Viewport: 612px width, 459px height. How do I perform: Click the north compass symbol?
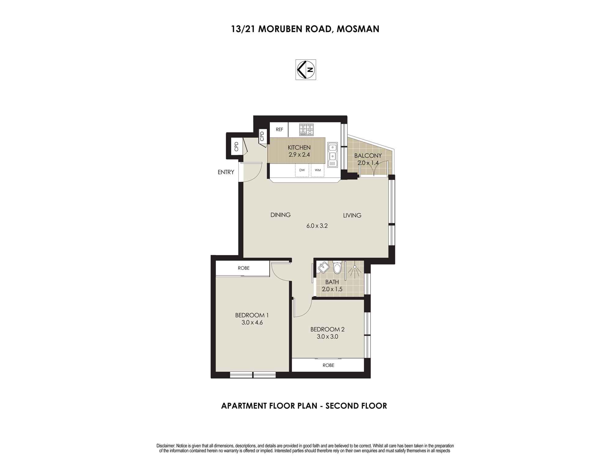(305, 69)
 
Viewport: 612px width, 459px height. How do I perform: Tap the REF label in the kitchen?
(279, 129)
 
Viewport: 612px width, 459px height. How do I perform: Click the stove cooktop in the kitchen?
(306, 129)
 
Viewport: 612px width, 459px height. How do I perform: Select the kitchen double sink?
(332, 155)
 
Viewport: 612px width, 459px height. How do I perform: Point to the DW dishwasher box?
(302, 170)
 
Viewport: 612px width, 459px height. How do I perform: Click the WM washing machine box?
(318, 170)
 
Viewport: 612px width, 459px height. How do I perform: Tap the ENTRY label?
(226, 172)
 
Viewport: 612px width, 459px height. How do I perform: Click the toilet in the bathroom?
(337, 267)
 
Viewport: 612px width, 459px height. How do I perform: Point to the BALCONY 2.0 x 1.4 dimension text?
(368, 163)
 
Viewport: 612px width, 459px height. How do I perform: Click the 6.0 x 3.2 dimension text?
(317, 226)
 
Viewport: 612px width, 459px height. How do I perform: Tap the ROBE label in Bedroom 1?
(244, 268)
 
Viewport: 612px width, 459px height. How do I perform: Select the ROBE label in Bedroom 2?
(328, 365)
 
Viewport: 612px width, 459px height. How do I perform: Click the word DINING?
(280, 215)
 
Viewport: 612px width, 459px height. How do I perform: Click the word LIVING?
(352, 215)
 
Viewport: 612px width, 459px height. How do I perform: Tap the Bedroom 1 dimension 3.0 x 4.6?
(252, 323)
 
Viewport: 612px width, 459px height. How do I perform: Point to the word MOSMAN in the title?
(358, 29)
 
